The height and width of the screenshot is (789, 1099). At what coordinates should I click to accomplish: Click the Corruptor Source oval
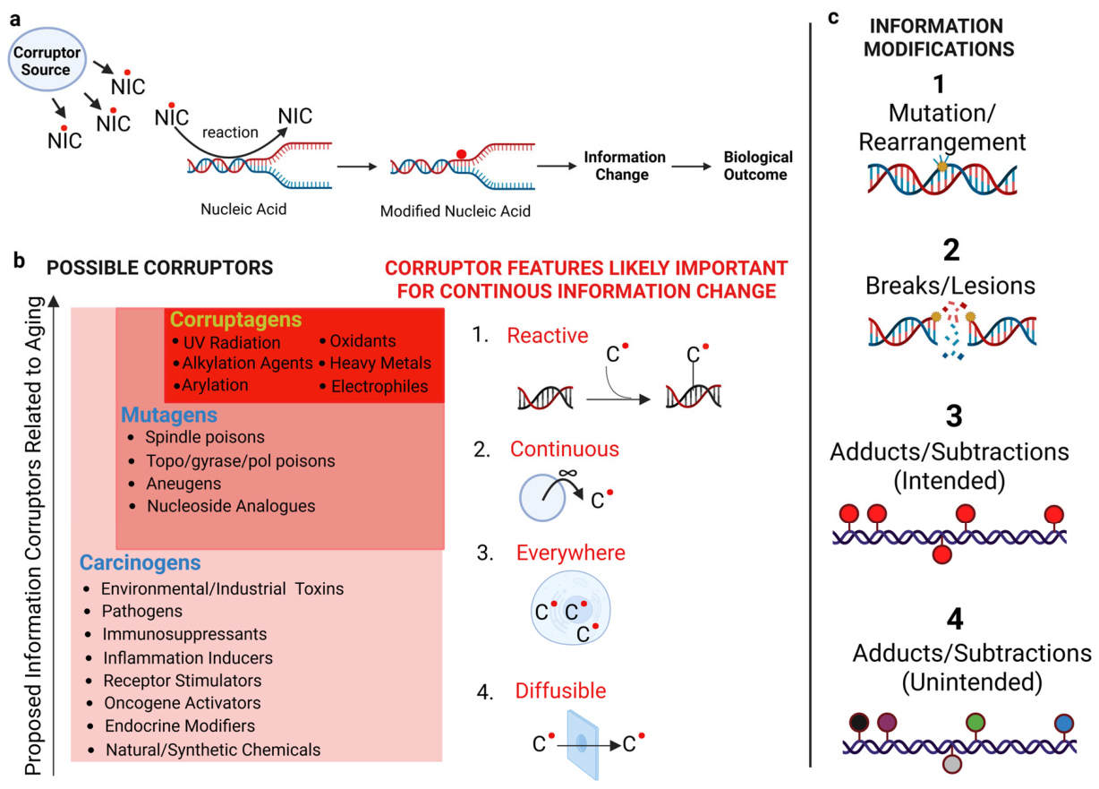[x=47, y=59]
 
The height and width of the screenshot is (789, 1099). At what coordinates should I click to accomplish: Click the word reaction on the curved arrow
[x=230, y=132]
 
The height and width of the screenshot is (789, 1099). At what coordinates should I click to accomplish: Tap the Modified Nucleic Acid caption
[x=456, y=211]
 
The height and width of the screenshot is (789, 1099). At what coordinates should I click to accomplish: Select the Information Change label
[x=624, y=166]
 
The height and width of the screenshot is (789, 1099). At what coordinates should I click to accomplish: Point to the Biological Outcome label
[x=757, y=166]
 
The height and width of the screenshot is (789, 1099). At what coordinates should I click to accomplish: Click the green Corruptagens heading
[x=235, y=320]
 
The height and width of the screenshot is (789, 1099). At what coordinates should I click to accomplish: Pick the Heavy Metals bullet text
[x=380, y=363]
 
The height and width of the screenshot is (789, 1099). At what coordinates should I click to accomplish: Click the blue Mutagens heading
[x=169, y=415]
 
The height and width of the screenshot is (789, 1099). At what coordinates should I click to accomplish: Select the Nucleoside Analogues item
[x=231, y=506]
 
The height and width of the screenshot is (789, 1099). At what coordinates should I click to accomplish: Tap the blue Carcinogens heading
[x=141, y=562]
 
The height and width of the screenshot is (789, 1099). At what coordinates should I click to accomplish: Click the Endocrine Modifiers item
[x=180, y=725]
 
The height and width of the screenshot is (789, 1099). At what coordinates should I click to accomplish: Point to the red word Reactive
[x=548, y=335]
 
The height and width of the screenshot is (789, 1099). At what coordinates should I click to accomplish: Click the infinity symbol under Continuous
[x=568, y=473]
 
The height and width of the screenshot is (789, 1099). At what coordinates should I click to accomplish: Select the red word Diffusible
[x=560, y=690]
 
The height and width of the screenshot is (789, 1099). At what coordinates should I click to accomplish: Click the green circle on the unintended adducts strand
[x=975, y=722]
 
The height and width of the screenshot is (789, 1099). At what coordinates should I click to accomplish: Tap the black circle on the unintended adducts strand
[x=859, y=722]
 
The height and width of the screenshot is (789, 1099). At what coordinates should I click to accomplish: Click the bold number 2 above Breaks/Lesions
[x=951, y=250]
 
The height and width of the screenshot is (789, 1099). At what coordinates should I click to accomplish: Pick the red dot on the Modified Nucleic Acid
[x=461, y=154]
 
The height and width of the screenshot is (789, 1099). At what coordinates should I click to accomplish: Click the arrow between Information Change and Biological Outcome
[x=691, y=167]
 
